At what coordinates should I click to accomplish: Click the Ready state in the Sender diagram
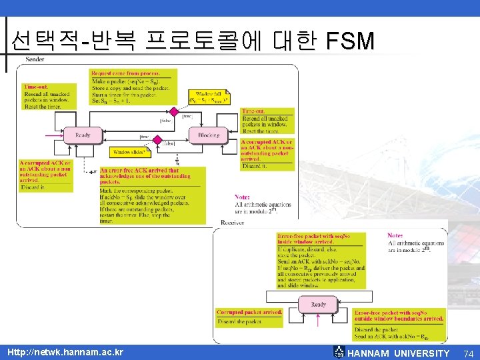point(83,136)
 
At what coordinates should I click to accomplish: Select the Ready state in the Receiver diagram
point(319,305)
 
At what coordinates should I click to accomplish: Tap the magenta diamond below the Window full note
point(173,111)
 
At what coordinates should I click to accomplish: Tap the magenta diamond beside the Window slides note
point(158,141)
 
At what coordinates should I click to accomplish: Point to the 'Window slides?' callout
point(129,153)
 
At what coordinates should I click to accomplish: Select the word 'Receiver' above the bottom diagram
point(232,223)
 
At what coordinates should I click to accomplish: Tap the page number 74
point(468,353)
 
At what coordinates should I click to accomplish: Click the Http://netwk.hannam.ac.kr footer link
point(65,352)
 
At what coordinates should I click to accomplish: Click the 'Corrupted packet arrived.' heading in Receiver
point(249,312)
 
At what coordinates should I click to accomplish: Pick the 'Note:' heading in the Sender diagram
point(243,196)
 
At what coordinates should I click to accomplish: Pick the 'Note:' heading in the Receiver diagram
point(396,235)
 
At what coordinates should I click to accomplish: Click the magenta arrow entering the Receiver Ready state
point(318,322)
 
